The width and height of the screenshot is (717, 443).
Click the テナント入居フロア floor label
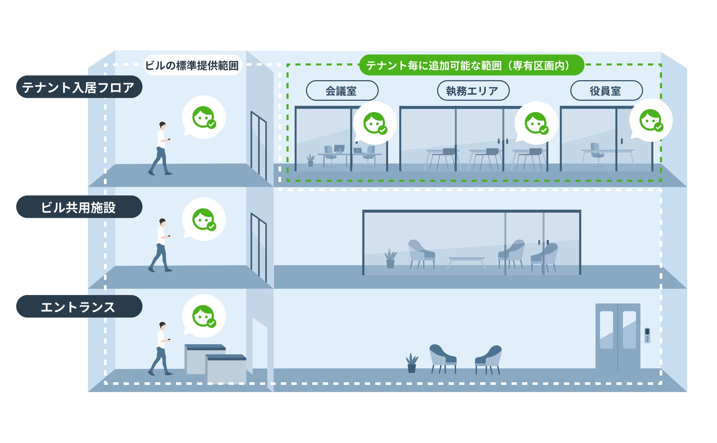tap(79, 87)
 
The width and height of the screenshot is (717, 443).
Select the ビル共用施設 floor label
tap(79, 207)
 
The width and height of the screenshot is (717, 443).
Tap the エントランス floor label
tap(79, 306)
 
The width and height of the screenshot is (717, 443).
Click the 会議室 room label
tap(342, 91)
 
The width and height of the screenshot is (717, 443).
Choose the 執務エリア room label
tap(473, 91)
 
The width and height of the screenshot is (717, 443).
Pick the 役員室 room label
tap(606, 91)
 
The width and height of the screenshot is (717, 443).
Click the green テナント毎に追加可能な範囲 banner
tap(471, 65)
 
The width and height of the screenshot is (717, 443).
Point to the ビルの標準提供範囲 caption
tap(192, 65)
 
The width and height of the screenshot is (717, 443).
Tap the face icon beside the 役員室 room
tap(650, 120)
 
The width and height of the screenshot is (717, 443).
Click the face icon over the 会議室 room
tap(374, 123)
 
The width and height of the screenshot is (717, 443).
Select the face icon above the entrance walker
tap(204, 316)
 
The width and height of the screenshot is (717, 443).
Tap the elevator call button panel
tap(647, 335)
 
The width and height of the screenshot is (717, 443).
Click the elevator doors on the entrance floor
tap(618, 336)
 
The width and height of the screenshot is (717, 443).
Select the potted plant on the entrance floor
tap(412, 363)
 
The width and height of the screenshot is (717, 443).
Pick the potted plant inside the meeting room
tap(311, 160)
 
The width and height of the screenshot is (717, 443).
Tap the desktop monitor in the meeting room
tap(339, 149)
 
